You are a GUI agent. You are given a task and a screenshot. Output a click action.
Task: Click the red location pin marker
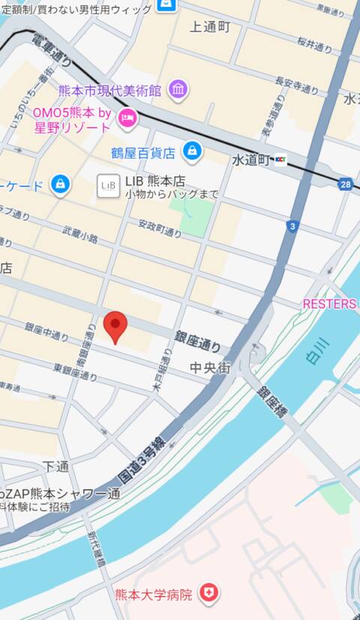click(x=115, y=327)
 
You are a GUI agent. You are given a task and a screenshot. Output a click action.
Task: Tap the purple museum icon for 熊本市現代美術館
click(x=178, y=90)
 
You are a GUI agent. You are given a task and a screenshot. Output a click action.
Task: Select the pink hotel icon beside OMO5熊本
click(x=127, y=116)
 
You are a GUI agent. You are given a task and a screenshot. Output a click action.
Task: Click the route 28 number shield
click(x=345, y=183)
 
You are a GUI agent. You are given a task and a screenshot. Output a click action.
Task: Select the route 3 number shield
click(x=292, y=226)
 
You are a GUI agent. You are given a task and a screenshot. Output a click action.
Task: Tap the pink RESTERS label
click(x=329, y=304)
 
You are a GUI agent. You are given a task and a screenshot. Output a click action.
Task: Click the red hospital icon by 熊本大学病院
click(x=208, y=594)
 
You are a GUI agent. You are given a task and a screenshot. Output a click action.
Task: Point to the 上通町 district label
click(x=210, y=27)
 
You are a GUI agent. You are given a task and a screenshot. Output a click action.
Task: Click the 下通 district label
click(x=56, y=466)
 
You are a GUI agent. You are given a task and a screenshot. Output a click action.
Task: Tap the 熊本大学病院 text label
click(x=153, y=594)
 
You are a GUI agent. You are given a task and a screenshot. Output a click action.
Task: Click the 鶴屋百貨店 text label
click(x=143, y=152)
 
